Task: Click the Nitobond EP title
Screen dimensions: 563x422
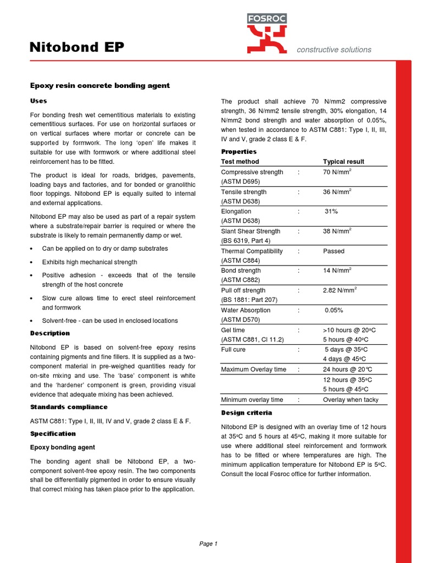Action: (76, 49)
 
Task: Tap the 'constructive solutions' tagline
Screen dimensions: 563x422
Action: (334, 49)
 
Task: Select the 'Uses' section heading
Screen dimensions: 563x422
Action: (38, 101)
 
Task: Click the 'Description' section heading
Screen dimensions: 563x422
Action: (49, 333)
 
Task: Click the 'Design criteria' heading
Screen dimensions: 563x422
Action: (246, 412)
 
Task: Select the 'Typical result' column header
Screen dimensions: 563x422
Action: (343, 162)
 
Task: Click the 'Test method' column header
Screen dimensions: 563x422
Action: (240, 162)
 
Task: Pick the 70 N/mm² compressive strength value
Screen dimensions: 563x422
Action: (337, 172)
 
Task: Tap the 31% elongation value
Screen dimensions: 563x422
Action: (331, 211)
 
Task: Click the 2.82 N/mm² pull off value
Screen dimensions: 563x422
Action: (340, 290)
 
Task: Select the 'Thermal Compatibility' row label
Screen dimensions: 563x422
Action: (252, 251)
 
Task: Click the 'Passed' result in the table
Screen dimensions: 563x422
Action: (334, 251)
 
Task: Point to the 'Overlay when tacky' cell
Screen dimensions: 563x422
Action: (351, 400)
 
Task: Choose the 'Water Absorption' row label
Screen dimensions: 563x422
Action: (246, 310)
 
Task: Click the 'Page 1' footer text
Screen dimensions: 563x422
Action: (208, 544)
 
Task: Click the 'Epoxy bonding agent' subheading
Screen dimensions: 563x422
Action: (62, 448)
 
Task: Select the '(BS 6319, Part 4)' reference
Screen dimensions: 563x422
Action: (246, 241)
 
